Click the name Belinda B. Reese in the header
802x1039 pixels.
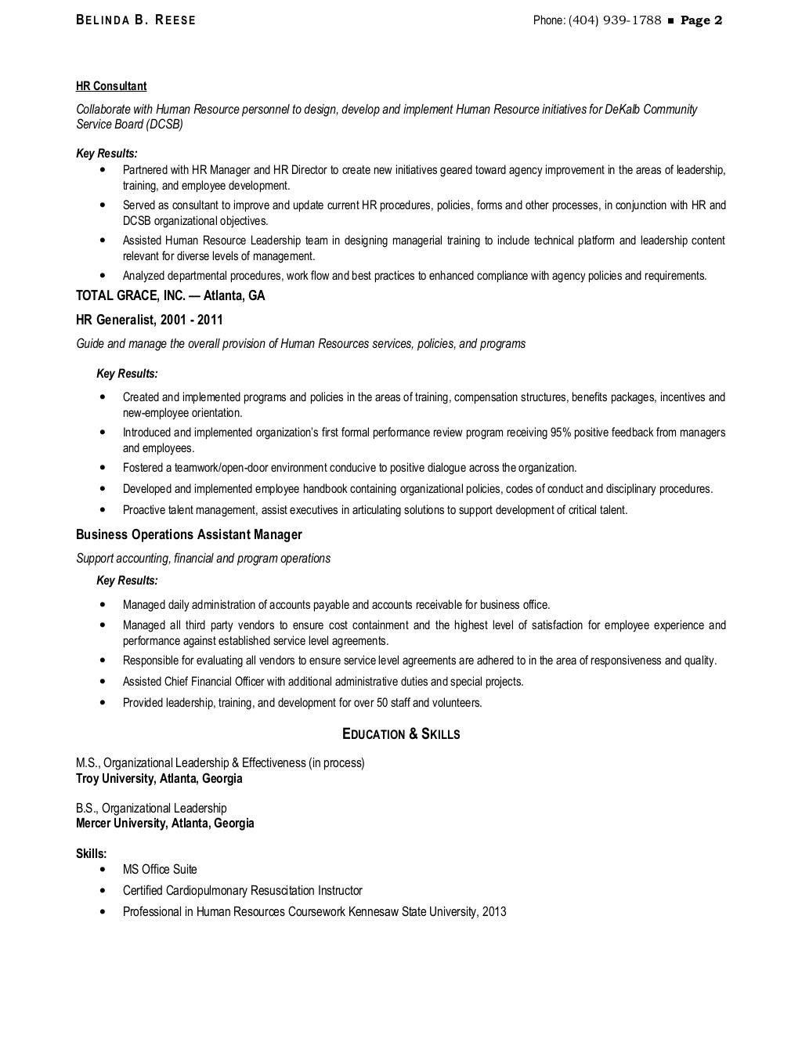pos(135,20)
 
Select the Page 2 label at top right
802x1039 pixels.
pos(701,20)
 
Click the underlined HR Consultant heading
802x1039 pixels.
pos(111,86)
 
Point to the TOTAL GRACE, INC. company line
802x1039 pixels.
pos(170,295)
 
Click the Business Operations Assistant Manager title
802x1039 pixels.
pos(189,534)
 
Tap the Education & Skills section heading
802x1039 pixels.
pos(401,734)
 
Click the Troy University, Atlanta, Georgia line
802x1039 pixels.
pos(159,778)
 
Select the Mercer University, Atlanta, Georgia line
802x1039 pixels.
pos(164,823)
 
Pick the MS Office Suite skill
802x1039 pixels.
pos(160,869)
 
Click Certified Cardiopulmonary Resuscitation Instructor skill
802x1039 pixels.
pos(242,890)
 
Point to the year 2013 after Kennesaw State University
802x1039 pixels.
pos(494,911)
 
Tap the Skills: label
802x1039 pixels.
pos(91,853)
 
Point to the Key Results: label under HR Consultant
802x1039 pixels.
pos(107,154)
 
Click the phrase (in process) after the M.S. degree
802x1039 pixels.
pos(336,762)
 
